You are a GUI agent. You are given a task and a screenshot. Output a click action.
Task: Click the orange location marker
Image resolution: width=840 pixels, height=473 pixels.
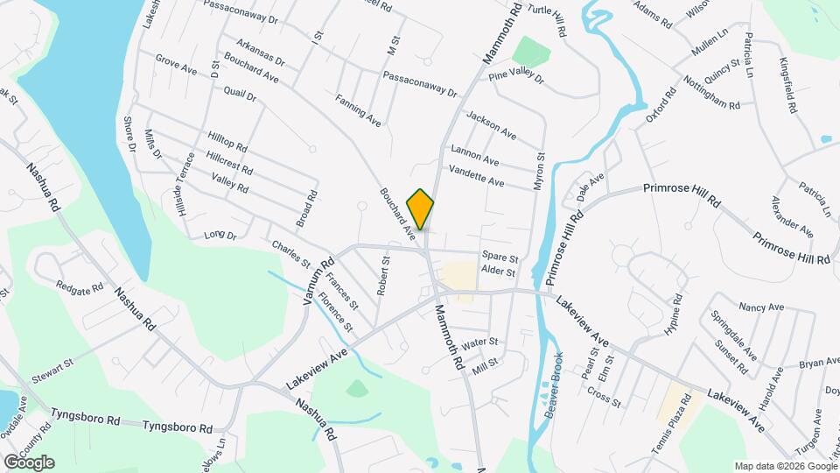tap(421, 208)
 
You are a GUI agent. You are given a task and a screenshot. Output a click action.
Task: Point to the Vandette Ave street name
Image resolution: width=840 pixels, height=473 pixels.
tap(477, 176)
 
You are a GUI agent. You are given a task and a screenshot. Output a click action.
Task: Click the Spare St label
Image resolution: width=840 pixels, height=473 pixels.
tap(500, 259)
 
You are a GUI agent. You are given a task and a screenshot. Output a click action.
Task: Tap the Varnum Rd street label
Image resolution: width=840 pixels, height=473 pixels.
tap(319, 280)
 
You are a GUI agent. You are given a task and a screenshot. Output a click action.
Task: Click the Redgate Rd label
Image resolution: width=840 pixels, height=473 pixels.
tap(80, 286)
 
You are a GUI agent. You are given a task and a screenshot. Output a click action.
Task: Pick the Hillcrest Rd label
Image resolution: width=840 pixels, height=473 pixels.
tap(229, 162)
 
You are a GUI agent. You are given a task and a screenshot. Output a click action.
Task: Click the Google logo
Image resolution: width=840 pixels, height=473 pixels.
tap(29, 462)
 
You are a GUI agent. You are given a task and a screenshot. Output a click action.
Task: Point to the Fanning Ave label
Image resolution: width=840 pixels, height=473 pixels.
tap(358, 110)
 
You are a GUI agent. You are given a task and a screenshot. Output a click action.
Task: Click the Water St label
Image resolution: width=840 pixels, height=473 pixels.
tap(479, 342)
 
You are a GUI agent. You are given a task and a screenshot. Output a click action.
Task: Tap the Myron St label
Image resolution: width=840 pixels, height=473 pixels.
tap(540, 170)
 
